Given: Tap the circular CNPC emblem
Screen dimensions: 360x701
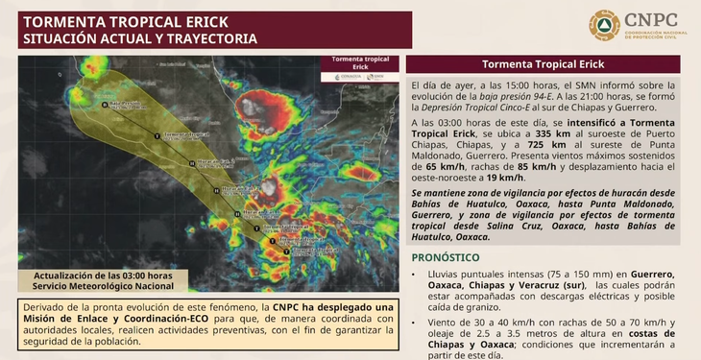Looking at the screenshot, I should pos(604,25).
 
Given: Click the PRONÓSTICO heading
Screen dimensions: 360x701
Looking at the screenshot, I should pos(446,257).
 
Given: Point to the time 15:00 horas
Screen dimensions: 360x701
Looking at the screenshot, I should pos(520,86).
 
